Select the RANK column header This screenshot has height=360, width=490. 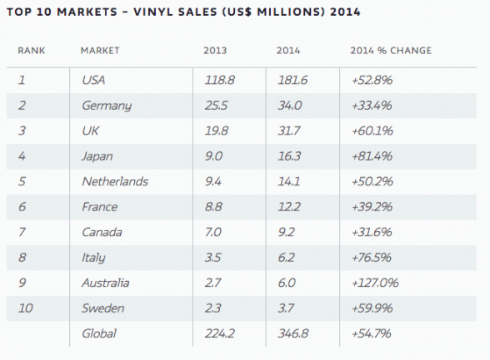(31, 51)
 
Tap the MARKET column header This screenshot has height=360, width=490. (100, 51)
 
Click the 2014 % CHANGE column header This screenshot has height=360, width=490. (391, 51)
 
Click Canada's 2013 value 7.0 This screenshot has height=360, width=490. (213, 232)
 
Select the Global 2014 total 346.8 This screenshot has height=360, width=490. (291, 333)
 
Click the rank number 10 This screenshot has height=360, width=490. (27, 308)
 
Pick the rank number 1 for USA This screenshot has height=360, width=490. (22, 81)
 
